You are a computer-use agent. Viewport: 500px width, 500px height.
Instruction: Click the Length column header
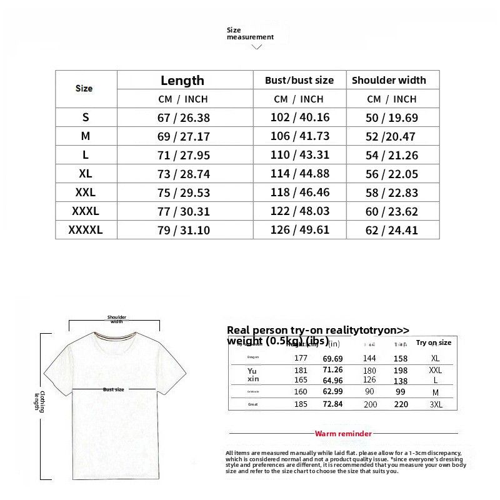point(182,80)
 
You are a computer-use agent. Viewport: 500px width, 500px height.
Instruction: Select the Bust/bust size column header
point(299,80)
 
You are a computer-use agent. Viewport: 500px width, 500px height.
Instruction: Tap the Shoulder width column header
point(389,80)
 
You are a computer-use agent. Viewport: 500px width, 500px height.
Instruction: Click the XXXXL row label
point(86,230)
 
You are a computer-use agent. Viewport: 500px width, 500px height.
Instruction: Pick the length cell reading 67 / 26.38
point(183,117)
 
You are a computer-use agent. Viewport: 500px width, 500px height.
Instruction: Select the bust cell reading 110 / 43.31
point(299,155)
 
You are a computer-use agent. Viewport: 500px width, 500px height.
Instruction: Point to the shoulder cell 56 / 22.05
point(392,174)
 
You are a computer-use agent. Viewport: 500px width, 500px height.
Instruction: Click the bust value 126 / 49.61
point(299,230)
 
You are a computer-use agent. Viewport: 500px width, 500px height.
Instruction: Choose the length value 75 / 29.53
point(183,192)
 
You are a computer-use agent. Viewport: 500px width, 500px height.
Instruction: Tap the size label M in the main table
point(86,136)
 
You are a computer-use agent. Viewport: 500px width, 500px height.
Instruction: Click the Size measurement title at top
point(249,34)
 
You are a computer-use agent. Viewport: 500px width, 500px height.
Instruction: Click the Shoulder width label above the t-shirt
point(117,319)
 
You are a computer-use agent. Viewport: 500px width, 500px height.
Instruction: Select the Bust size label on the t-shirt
point(113,389)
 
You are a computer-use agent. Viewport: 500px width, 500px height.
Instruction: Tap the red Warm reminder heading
point(343,433)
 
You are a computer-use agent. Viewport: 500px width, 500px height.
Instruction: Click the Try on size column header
point(434,342)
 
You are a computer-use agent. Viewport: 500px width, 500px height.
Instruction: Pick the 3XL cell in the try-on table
point(436,404)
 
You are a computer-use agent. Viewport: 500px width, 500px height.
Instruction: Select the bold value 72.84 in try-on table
point(332,404)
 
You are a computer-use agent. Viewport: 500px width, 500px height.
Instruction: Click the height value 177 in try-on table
point(301,358)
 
